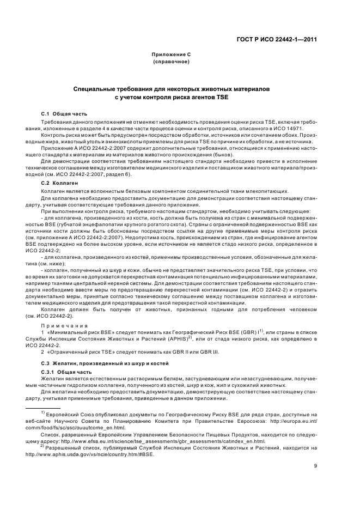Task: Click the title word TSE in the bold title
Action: [221, 96]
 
